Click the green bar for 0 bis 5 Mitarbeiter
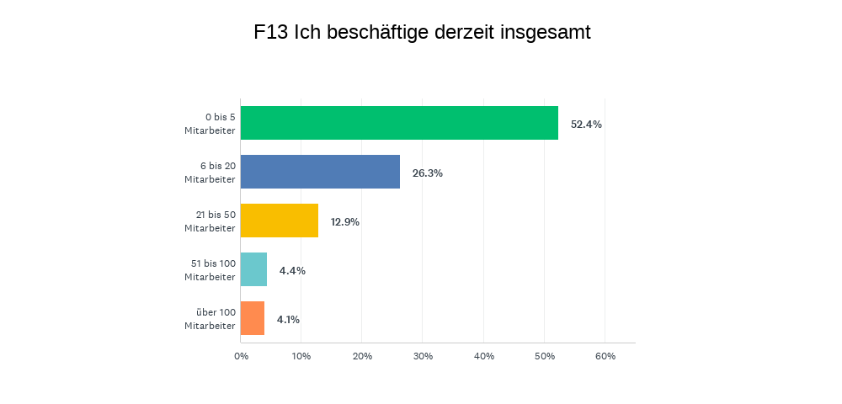click(x=399, y=123)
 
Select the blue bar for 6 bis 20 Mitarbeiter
click(x=320, y=172)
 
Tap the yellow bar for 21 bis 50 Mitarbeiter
click(x=280, y=221)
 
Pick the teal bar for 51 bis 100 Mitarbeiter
click(x=253, y=269)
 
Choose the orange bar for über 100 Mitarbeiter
click(x=253, y=318)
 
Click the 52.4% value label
click(x=586, y=125)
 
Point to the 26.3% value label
click(x=428, y=173)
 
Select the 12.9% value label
click(x=345, y=222)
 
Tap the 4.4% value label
click(x=292, y=271)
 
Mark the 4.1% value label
click(x=288, y=320)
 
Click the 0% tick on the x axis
click(x=241, y=356)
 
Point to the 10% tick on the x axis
click(x=301, y=356)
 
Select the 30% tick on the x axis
click(x=423, y=356)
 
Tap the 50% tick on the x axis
click(x=545, y=356)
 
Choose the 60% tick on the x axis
click(x=605, y=356)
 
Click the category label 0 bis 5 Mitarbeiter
click(x=210, y=124)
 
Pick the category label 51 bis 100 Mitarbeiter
click(x=210, y=270)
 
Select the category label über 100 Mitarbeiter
click(x=210, y=319)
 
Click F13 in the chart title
click(x=270, y=33)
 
